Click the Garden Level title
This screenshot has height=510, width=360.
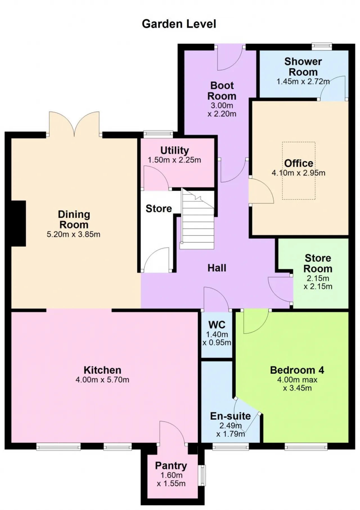coord(179,24)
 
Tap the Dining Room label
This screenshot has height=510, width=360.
coord(74,220)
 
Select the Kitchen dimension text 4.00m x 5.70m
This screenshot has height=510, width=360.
coord(102,380)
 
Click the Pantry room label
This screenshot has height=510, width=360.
coord(171,466)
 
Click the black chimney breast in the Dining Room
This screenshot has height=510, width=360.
coord(19,223)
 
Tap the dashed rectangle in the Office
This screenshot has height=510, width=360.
coord(299,171)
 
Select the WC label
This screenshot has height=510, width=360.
coord(217,325)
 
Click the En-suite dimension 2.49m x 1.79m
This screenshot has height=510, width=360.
coord(231,430)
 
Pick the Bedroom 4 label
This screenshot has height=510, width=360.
coord(297,370)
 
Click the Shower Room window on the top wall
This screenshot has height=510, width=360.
coord(322,46)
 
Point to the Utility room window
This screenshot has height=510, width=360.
coord(158,134)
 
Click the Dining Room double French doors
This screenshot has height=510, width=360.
coord(74,124)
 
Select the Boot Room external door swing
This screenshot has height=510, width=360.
coord(230,58)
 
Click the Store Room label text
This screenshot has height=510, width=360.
coord(318,263)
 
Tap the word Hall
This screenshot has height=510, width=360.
coord(217,268)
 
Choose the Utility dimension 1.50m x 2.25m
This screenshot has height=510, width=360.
coord(174,160)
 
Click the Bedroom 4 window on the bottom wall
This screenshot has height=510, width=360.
coord(306,447)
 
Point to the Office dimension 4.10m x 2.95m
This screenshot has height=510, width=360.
coord(298,173)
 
